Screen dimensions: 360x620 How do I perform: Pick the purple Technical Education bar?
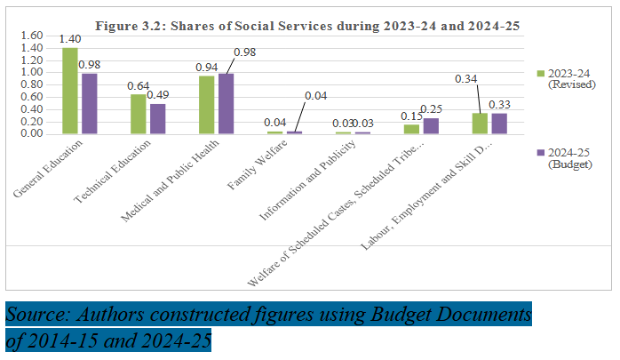pyautogui.click(x=157, y=118)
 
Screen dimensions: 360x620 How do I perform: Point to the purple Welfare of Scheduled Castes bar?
pyautogui.click(x=431, y=125)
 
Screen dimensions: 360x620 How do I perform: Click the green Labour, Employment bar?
pyautogui.click(x=480, y=123)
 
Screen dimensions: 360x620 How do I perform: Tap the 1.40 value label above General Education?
pyautogui.click(x=69, y=40)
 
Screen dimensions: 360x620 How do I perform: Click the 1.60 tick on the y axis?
pyautogui.click(x=31, y=36)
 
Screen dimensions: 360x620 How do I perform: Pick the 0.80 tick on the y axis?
pyautogui.click(x=31, y=85)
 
